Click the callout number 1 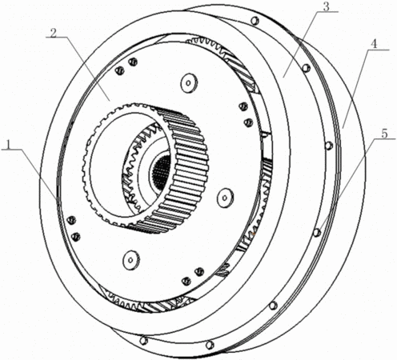point(9,145)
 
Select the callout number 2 point(54,33)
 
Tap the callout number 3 point(326,6)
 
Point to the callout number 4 point(375,44)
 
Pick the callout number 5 point(384,134)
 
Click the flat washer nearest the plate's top point(189,83)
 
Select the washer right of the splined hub point(225,198)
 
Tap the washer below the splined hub point(131,260)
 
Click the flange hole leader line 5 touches point(317,233)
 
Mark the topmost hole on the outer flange point(255,21)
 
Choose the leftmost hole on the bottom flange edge point(143,341)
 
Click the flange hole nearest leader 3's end point(307,68)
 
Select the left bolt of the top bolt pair point(120,70)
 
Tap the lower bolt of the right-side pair point(248,122)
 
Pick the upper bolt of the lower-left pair point(71,220)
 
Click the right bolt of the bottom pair point(199,272)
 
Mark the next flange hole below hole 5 point(273,306)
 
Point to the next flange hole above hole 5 point(328,146)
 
